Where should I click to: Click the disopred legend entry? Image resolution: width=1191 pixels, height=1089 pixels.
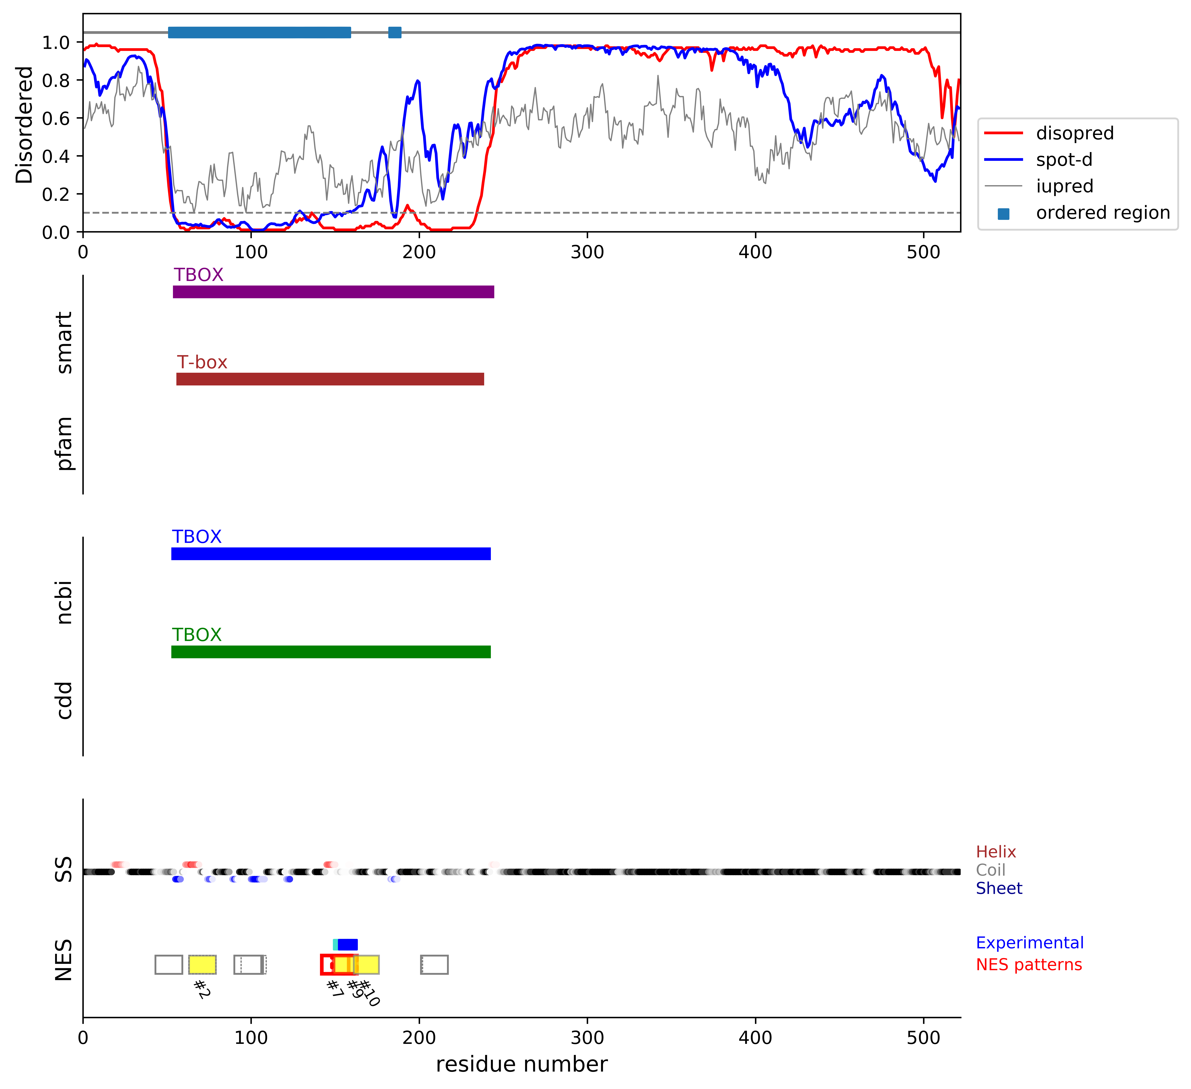coord(1074,133)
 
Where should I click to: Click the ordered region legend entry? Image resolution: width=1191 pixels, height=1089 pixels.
coord(1102,213)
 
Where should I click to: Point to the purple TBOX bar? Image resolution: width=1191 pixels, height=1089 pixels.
coord(333,292)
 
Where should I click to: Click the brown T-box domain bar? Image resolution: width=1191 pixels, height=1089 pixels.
coord(330,379)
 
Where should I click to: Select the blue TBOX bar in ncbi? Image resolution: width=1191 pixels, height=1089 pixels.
coord(331,554)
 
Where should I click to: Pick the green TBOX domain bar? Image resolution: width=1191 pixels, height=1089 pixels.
coord(331,652)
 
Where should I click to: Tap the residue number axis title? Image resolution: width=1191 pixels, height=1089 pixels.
coord(521,1064)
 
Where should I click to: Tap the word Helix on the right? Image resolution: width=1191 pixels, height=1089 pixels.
coord(995,852)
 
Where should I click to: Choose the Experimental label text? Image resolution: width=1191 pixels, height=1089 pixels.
coord(1029,943)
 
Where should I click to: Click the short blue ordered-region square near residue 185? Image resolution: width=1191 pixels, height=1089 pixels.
coord(395,32)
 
